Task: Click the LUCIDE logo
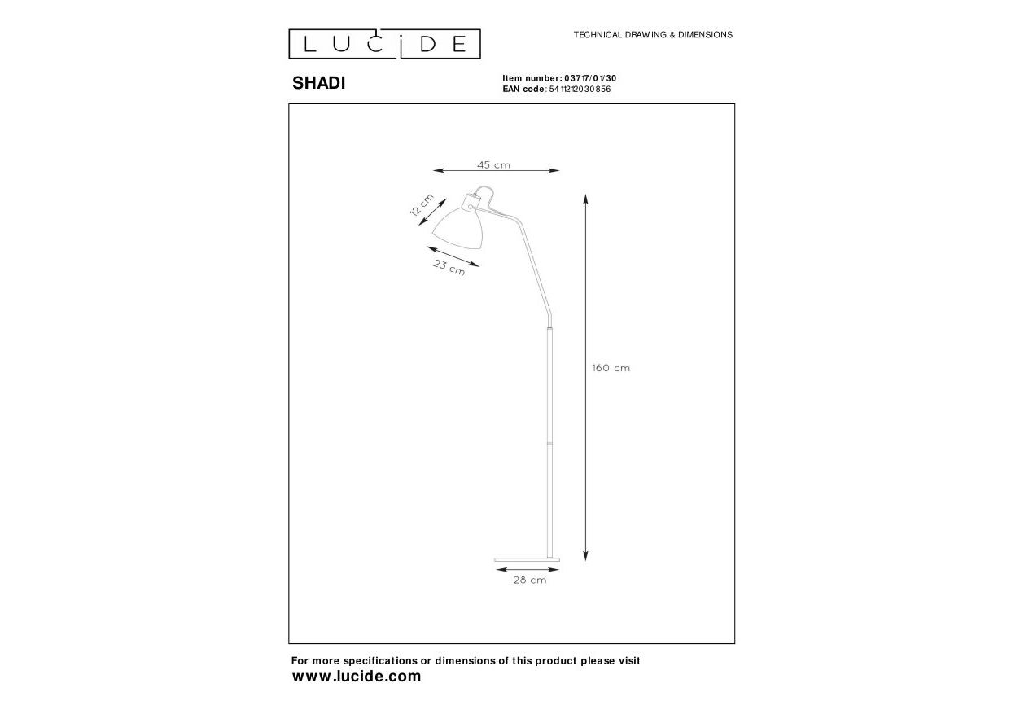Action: (x=384, y=44)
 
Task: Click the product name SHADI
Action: (x=319, y=83)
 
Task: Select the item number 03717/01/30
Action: (x=590, y=78)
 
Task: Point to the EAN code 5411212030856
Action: (x=580, y=90)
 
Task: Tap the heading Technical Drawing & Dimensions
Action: (x=653, y=35)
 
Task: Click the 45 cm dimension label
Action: (x=493, y=164)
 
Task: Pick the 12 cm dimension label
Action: (x=422, y=205)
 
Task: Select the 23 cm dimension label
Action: (x=449, y=267)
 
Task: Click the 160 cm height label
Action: (x=611, y=368)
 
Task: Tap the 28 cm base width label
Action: (x=530, y=580)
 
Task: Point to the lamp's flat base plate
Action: (x=528, y=559)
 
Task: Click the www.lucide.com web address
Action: (x=357, y=677)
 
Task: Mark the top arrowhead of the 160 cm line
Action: (x=585, y=199)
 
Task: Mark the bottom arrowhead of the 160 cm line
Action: (x=585, y=555)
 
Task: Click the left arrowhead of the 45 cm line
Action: (x=439, y=171)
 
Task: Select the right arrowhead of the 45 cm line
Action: (x=554, y=171)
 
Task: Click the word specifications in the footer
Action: (x=380, y=661)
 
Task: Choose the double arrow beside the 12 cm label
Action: (x=432, y=212)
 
